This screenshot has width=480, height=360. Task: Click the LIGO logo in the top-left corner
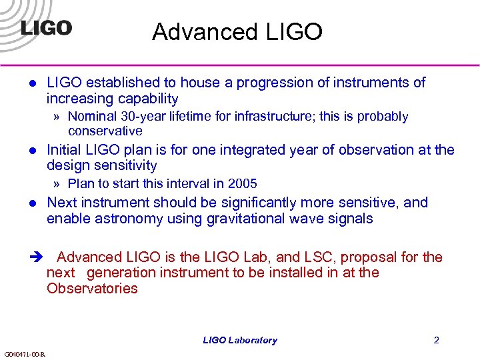pyautogui.click(x=46, y=29)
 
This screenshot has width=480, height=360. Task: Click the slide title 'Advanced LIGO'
pyautogui.click(x=237, y=31)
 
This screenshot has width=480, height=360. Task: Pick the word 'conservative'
pyautogui.click(x=105, y=131)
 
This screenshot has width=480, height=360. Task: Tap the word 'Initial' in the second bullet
pyautogui.click(x=65, y=150)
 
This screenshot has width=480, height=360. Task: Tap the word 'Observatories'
pyautogui.click(x=92, y=289)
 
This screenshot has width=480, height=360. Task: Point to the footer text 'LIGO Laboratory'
pyautogui.click(x=240, y=340)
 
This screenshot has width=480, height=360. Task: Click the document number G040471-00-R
pyautogui.click(x=25, y=354)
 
